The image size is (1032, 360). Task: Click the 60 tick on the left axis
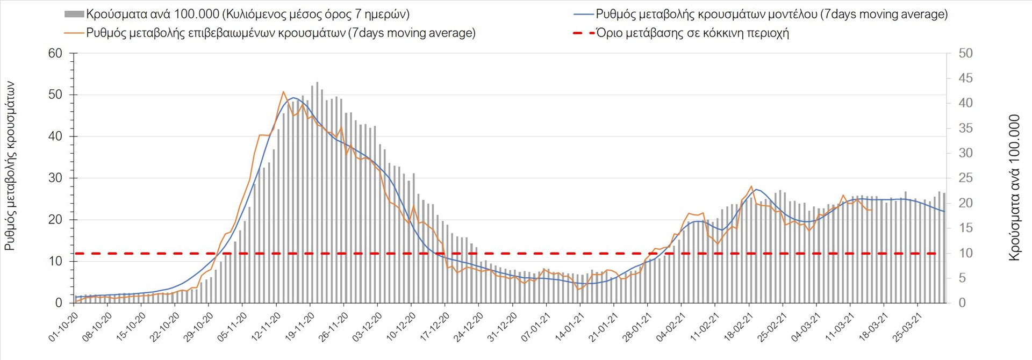click(55, 53)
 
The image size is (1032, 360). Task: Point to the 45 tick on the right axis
click(965, 78)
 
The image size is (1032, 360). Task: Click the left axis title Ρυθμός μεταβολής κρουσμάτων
click(10, 166)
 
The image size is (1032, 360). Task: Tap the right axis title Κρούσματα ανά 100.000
click(1014, 188)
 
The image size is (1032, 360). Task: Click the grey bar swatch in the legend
click(74, 15)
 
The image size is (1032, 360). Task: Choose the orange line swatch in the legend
click(74, 33)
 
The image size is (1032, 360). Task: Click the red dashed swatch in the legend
click(584, 33)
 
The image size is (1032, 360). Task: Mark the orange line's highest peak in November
click(283, 92)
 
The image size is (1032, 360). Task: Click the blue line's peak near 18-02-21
click(756, 189)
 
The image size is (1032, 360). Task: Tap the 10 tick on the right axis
click(965, 253)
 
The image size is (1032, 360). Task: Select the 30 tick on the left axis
click(55, 178)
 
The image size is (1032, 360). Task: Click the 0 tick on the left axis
click(59, 303)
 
